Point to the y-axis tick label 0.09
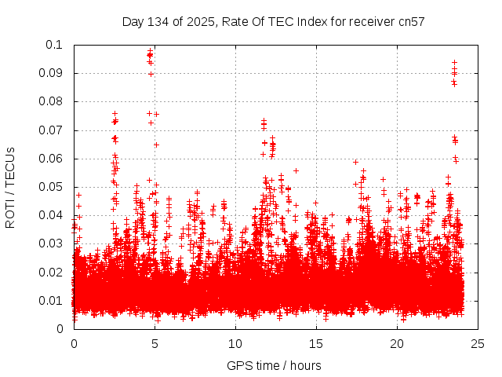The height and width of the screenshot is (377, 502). tap(53, 73)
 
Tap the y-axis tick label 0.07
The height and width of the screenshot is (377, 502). tap(53, 130)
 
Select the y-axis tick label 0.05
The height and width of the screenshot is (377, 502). tap(53, 187)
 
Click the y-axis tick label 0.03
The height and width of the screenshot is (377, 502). tap(53, 243)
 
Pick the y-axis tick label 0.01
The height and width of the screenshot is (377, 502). tap(53, 301)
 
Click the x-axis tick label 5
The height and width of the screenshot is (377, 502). tap(155, 343)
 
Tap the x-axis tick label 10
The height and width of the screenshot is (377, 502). tap(235, 343)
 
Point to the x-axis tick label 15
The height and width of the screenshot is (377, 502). tap(316, 343)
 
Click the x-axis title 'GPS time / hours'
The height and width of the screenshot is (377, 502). tap(274, 365)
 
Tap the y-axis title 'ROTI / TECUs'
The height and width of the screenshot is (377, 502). tap(11, 187)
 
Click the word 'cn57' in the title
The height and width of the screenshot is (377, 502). tap(411, 21)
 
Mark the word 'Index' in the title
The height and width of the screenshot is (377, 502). tap(313, 21)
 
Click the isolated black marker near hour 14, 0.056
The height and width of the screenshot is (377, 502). tap(296, 170)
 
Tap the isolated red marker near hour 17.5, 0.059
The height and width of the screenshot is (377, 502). tap(355, 162)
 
